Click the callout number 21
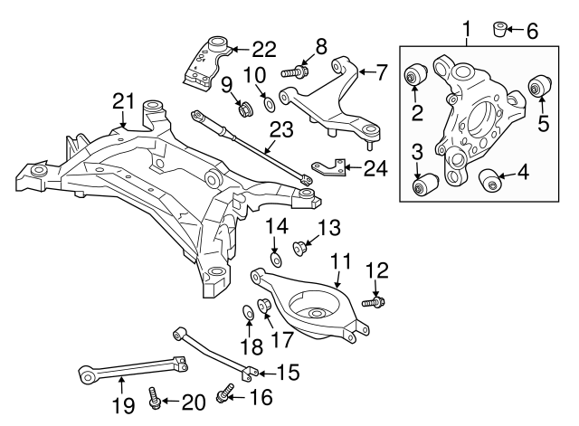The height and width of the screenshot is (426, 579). click(x=124, y=100)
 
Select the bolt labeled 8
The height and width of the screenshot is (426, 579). click(x=296, y=70)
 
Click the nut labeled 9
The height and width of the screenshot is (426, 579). click(x=243, y=110)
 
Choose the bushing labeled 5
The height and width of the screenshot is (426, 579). click(x=539, y=88)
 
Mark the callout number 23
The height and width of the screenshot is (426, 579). click(x=281, y=129)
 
